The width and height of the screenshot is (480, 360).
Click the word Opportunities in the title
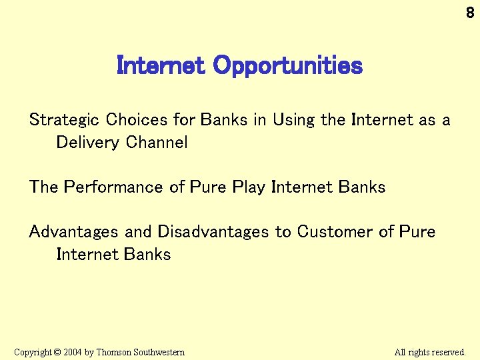[x=287, y=65]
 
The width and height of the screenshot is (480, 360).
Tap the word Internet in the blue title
[x=161, y=65]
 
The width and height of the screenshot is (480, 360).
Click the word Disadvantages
[x=213, y=232]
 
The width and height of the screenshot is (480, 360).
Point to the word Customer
[x=335, y=232]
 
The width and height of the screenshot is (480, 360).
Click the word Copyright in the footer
[x=33, y=352]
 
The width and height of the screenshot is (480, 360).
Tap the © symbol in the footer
[x=58, y=352]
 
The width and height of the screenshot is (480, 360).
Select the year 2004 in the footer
[x=73, y=352]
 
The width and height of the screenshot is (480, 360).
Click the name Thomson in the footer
[x=114, y=352]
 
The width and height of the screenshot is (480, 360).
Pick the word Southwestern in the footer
[x=159, y=352]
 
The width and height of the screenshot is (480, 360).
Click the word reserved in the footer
[x=449, y=352]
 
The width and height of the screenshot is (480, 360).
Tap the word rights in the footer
[x=418, y=352]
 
